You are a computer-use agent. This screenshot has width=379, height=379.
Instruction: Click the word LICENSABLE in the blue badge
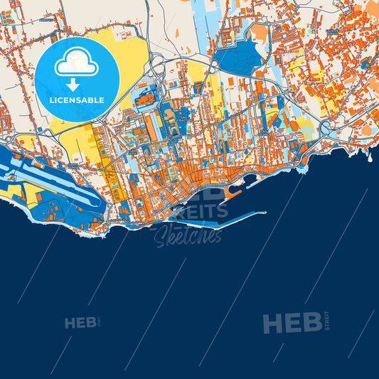[x=76, y=100]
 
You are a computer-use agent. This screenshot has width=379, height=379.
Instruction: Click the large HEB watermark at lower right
[x=292, y=324]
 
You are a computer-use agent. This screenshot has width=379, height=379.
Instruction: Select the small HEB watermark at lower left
[x=80, y=324]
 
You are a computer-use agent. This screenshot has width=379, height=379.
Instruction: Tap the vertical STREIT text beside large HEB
[x=327, y=321]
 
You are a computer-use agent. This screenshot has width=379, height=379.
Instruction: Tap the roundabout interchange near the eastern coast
[x=328, y=129]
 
